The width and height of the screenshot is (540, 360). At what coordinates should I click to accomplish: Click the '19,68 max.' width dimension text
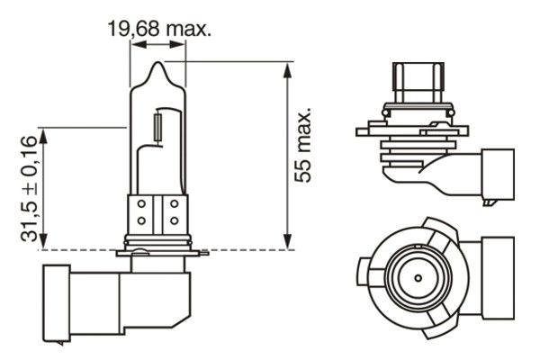pyautogui.click(x=160, y=30)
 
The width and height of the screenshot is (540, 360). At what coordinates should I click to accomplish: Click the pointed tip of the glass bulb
pyautogui.click(x=158, y=64)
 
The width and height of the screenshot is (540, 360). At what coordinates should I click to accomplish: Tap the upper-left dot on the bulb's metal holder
pyautogui.click(x=142, y=204)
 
